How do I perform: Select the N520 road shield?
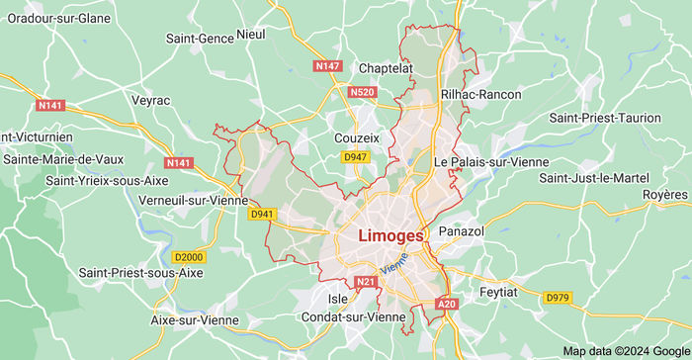point(363,92)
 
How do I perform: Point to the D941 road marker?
point(262,214)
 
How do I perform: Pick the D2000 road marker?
point(187,257)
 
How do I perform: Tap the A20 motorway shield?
point(447,305)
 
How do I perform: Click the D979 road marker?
point(558,297)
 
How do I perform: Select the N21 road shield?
point(367,283)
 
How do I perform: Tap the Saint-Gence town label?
point(200,39)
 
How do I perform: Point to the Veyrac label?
point(150,100)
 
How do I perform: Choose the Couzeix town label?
point(357,138)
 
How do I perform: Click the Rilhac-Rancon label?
point(479,94)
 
